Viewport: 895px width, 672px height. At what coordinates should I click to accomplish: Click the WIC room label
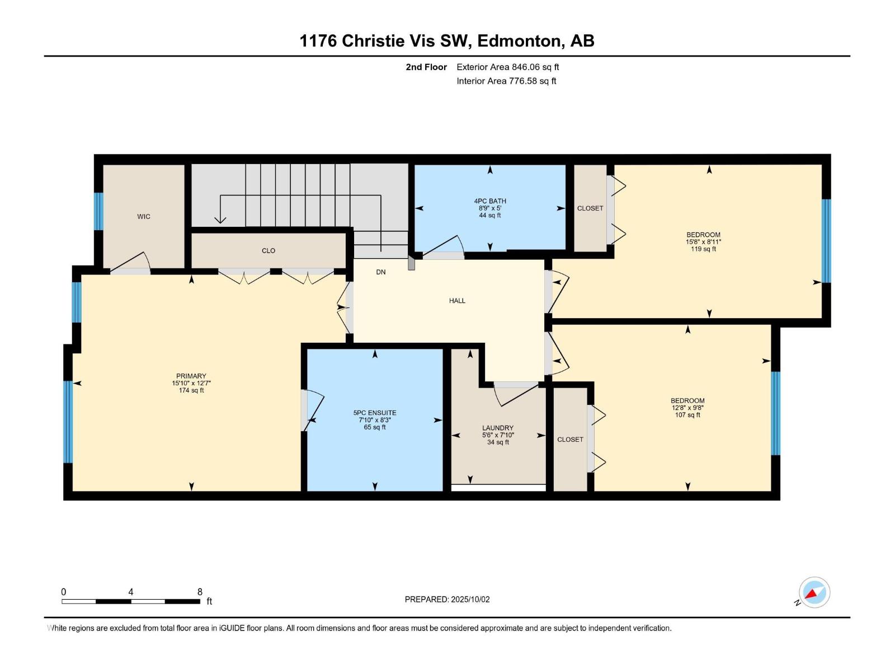click(144, 217)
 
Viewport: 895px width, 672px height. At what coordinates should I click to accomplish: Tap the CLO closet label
click(268, 250)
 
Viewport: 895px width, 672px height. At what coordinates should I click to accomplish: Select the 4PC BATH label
click(489, 200)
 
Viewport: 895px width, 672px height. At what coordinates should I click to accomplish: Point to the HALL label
click(457, 301)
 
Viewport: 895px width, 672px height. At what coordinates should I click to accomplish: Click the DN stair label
click(381, 272)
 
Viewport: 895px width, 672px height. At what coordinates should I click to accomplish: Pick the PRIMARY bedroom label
click(191, 376)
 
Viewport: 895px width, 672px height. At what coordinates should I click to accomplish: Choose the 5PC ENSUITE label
click(375, 413)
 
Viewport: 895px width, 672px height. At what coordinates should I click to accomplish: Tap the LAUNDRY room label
click(498, 428)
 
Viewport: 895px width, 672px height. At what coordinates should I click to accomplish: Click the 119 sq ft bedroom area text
click(703, 249)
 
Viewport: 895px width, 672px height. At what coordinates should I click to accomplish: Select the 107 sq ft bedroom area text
click(687, 415)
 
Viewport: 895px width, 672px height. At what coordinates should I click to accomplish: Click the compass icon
click(814, 592)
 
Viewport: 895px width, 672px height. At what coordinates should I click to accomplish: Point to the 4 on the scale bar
click(130, 592)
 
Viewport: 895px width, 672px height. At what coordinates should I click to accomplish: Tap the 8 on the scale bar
click(200, 592)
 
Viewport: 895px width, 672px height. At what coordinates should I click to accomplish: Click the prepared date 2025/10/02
click(470, 599)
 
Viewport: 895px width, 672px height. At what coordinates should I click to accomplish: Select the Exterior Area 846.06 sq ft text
click(508, 67)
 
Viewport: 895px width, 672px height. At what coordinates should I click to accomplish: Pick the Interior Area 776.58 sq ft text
click(506, 81)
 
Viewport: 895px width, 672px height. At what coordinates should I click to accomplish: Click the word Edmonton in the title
click(521, 41)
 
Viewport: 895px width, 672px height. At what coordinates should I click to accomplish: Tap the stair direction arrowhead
click(220, 220)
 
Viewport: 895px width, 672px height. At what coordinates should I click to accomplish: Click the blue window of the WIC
click(98, 211)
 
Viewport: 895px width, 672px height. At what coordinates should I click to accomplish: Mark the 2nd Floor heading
click(426, 67)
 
